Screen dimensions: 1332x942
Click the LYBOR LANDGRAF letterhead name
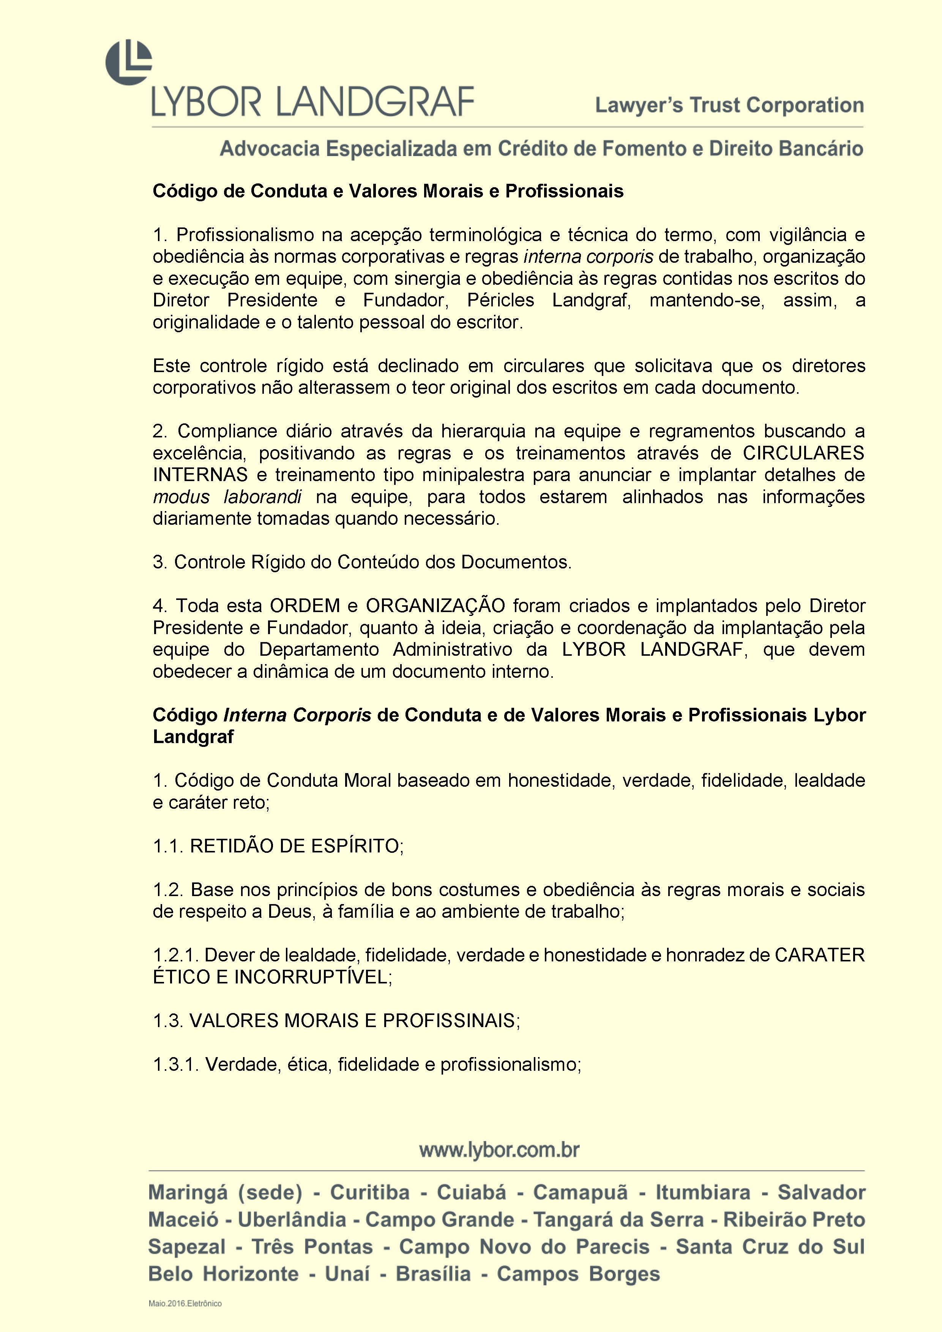pyautogui.click(x=312, y=102)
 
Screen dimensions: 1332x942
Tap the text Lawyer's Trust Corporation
pyautogui.click(x=729, y=106)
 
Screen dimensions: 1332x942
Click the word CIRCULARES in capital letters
pyautogui.click(x=803, y=453)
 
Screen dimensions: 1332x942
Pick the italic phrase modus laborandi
pyautogui.click(x=227, y=497)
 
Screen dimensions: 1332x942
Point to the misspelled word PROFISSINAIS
pyautogui.click(x=448, y=1021)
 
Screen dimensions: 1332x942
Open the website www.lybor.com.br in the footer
pyautogui.click(x=499, y=1151)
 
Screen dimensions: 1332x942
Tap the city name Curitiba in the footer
pyautogui.click(x=369, y=1193)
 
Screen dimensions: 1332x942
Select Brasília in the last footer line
pyautogui.click(x=433, y=1274)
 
